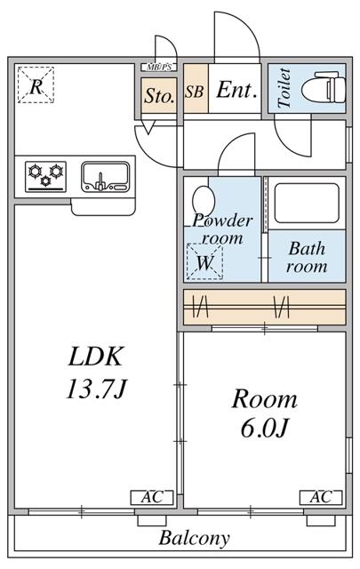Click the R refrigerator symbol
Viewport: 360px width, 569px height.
point(36,86)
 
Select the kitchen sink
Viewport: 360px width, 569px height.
point(105,175)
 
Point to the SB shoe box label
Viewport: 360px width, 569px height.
point(194,91)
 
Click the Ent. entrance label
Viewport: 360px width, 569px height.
point(236,90)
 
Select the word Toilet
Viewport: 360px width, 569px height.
point(284,89)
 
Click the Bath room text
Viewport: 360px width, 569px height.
point(306,257)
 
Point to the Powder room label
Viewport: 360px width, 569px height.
point(222,228)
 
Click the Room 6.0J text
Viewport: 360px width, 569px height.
point(264,413)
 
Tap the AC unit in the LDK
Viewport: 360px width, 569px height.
point(148,497)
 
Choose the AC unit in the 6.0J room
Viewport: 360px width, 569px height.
point(321,497)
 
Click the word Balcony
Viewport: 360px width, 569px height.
point(195,538)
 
